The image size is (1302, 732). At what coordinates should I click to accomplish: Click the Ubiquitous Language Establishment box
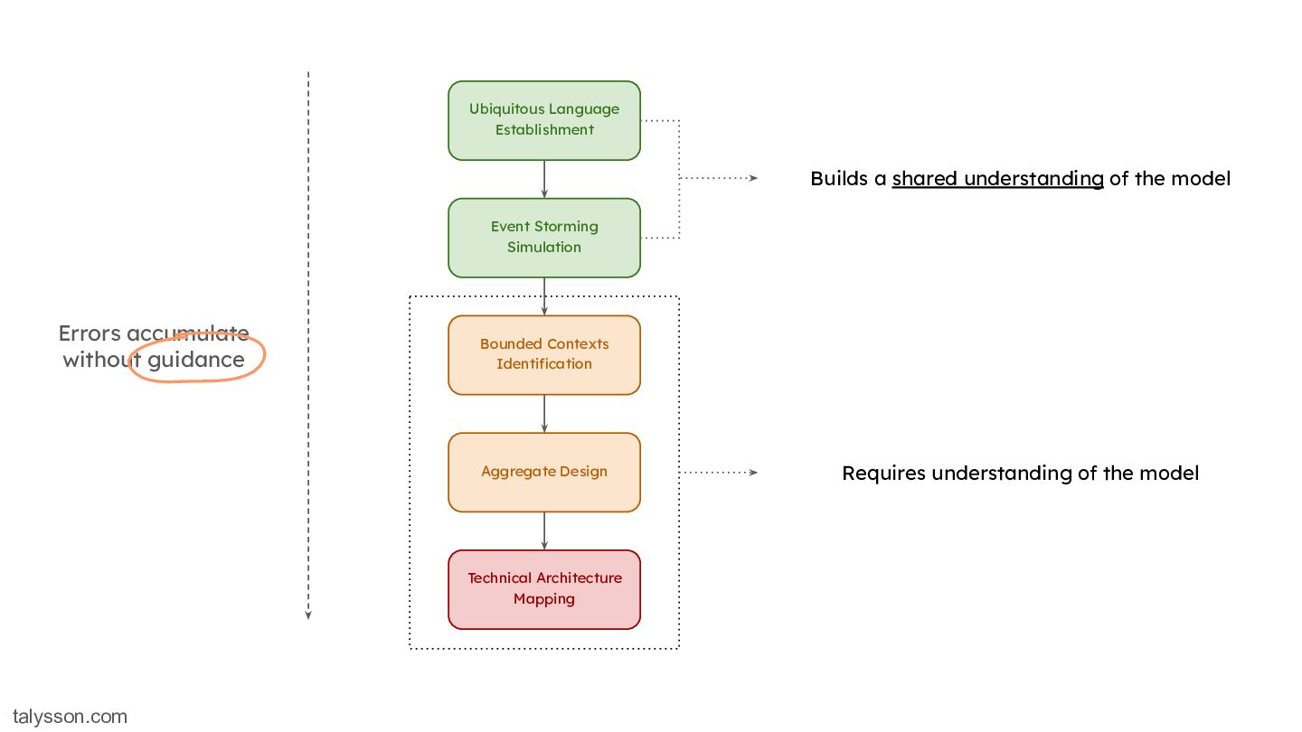pyautogui.click(x=544, y=120)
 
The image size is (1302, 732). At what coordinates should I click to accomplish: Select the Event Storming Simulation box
pyautogui.click(x=544, y=238)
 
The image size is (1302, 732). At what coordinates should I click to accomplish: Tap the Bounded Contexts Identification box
pyautogui.click(x=544, y=355)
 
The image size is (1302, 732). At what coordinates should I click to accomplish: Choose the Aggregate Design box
pyautogui.click(x=544, y=473)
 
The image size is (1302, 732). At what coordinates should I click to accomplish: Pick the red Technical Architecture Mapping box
pyautogui.click(x=544, y=589)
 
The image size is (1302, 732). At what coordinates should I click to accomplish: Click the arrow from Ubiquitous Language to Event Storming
pyautogui.click(x=544, y=180)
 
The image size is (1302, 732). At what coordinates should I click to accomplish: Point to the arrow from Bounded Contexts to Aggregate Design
pyautogui.click(x=544, y=414)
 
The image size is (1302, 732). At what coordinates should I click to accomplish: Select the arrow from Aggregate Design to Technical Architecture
pyautogui.click(x=544, y=531)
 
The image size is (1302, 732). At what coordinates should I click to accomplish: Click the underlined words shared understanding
pyautogui.click(x=997, y=179)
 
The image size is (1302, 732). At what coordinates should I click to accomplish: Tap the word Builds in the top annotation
pyautogui.click(x=839, y=178)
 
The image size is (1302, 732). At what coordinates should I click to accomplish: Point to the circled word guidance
pyautogui.click(x=196, y=361)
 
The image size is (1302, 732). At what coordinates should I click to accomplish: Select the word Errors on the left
pyautogui.click(x=90, y=333)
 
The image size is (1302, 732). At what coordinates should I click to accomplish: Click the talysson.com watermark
pyautogui.click(x=70, y=717)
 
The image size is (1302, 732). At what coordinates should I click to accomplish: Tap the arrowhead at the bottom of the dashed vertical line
pyautogui.click(x=308, y=615)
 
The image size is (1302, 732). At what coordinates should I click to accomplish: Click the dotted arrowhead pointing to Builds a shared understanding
pyautogui.click(x=753, y=178)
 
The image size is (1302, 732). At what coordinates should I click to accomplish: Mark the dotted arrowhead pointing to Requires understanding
pyautogui.click(x=753, y=473)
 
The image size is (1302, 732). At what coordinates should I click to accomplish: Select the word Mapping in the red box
pyautogui.click(x=544, y=599)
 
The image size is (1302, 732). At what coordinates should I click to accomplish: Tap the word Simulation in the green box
pyautogui.click(x=544, y=248)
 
